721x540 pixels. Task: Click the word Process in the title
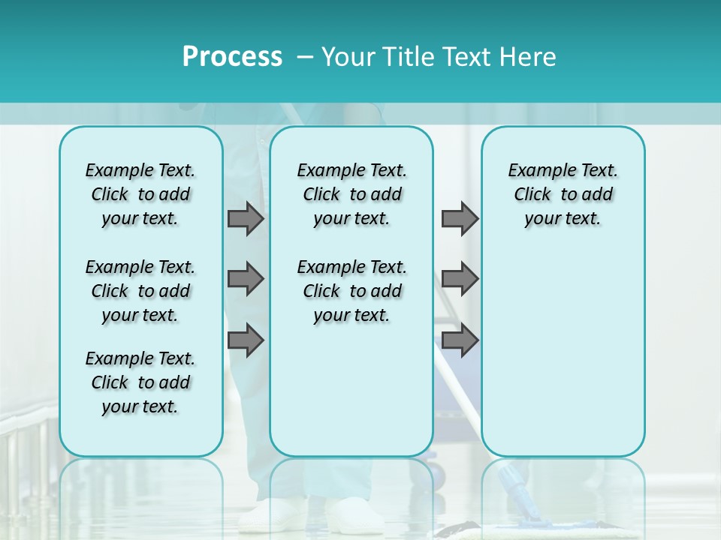(x=232, y=57)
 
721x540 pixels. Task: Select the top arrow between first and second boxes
(x=245, y=218)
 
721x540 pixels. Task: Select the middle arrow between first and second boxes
(x=245, y=279)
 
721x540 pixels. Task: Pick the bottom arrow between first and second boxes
(x=245, y=340)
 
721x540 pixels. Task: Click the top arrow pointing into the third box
(x=460, y=218)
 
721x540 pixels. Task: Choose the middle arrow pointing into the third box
(x=460, y=279)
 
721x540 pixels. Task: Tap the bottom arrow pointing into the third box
(x=460, y=340)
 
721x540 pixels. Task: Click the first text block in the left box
(x=140, y=194)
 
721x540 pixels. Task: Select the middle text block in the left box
(x=140, y=291)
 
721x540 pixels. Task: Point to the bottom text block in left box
(x=140, y=382)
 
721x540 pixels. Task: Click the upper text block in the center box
(x=351, y=194)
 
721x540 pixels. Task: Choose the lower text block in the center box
(x=351, y=291)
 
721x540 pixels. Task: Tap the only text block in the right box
(x=563, y=194)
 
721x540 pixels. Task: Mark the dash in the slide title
(x=305, y=57)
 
